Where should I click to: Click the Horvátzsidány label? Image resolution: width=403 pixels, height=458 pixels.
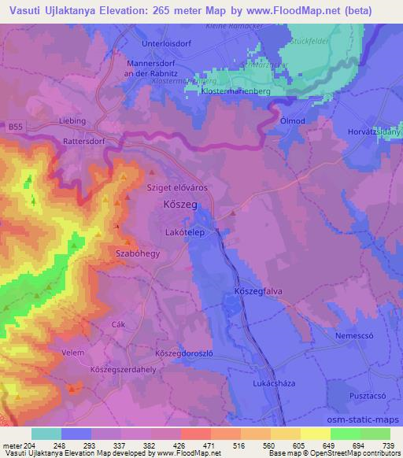[x=374, y=133]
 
